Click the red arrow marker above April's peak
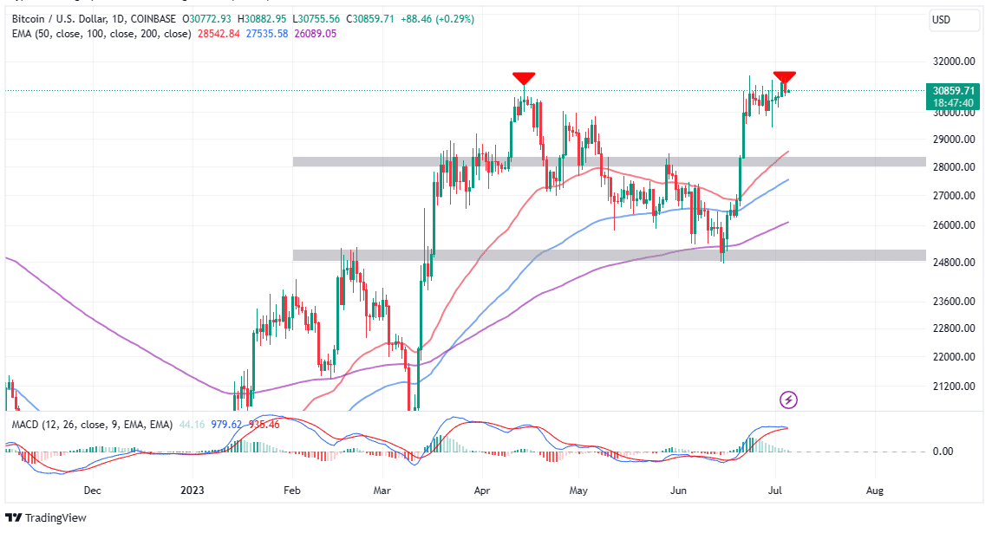(524, 77)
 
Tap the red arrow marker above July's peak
(785, 77)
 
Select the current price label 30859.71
(953, 90)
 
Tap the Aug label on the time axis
(875, 490)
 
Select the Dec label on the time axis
(93, 490)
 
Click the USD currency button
(942, 18)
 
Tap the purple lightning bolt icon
(789, 400)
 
